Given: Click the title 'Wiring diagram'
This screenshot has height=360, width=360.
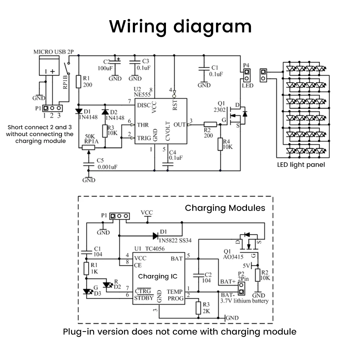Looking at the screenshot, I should (180, 27).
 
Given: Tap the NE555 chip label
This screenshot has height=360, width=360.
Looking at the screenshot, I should (141, 94).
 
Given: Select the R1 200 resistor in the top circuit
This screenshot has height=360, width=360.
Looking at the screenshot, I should (78, 82).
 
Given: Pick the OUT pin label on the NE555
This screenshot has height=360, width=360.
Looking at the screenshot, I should (180, 125).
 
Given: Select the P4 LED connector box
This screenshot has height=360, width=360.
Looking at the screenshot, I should (247, 75).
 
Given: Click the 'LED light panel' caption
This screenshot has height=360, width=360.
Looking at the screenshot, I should (301, 165).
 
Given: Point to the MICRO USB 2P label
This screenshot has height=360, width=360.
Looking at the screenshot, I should (53, 52).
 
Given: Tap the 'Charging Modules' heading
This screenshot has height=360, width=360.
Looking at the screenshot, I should (225, 208).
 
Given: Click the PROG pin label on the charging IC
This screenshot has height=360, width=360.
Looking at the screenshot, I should (176, 298).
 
